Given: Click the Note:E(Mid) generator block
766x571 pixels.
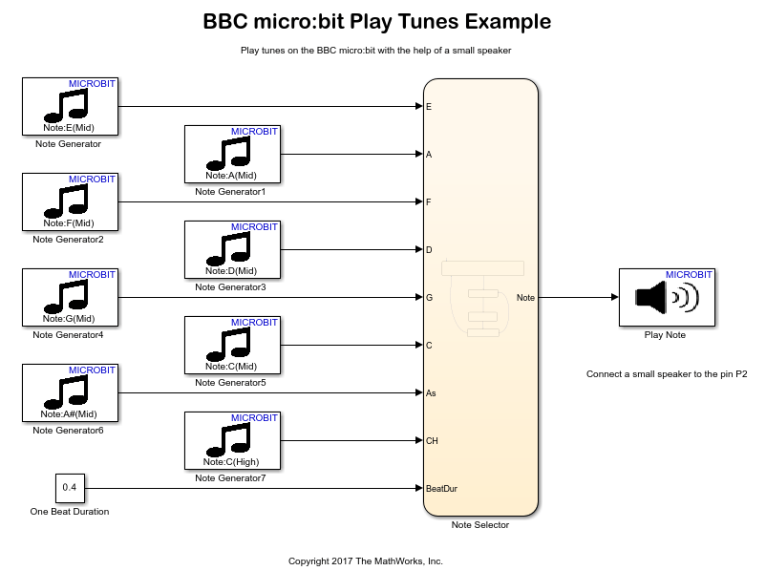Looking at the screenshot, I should pos(69,106).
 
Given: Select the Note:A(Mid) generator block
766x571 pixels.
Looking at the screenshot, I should pos(231,154).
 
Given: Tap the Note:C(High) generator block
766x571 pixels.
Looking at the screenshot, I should pos(231,440).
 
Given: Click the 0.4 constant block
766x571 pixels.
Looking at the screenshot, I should pos(69,488).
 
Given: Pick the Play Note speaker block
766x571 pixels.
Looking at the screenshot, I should pos(666,297).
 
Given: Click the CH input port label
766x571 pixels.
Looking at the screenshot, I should pos(432,440).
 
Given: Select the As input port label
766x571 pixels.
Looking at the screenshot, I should pos(431,392).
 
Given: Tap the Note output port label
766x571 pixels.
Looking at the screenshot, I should pos(525,297).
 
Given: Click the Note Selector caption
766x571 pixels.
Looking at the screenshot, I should pos(480,524).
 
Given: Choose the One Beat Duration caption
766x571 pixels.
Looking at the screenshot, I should pos(70,511).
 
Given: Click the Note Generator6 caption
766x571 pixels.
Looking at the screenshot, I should pos(68,430).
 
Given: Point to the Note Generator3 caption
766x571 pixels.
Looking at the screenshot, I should pos(230,286).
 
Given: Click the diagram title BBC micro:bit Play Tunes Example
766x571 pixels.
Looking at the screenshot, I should pos(376,21).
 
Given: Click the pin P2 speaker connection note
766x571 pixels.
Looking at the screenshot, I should pos(666,374).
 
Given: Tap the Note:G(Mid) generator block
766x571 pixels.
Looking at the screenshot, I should pos(69,297).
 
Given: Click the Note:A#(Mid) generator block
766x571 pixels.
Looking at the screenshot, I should pos(69,392).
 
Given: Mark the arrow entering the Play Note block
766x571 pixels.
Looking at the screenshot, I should pos(613,297).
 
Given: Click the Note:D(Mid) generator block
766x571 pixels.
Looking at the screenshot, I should pos(231,249).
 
